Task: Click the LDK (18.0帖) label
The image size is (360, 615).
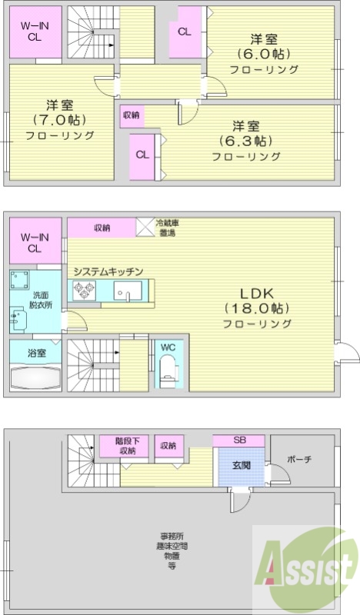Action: pos(257,307)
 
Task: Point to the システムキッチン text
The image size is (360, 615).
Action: pos(108,271)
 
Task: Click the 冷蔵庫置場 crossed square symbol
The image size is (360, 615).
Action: pos(145,227)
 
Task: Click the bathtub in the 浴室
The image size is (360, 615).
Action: pos(35,379)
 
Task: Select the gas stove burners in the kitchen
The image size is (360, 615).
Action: pos(84,291)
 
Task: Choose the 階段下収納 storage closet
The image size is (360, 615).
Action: pos(125,447)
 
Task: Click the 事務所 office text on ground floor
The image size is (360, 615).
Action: pos(172,536)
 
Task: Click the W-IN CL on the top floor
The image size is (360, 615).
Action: pos(35,31)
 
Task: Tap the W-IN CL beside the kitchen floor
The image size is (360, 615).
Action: pos(35,242)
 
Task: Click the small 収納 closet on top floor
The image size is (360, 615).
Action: pos(130,115)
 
